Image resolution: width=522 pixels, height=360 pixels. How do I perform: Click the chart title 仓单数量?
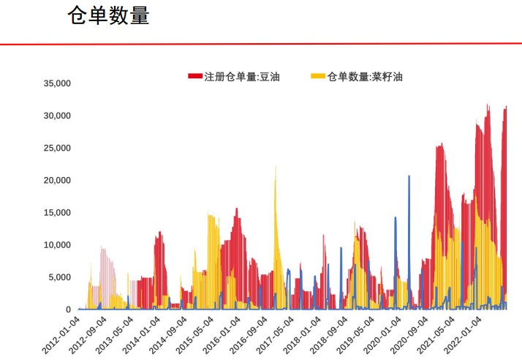pyautogui.click(x=108, y=16)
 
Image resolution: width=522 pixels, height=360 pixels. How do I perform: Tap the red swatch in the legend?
pyautogui.click(x=194, y=76)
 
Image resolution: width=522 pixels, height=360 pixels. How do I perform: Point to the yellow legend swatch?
pyautogui.click(x=317, y=76)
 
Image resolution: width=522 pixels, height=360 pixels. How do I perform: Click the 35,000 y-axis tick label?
pyautogui.click(x=56, y=83)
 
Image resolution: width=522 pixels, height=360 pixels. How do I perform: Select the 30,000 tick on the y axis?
pyautogui.click(x=56, y=116)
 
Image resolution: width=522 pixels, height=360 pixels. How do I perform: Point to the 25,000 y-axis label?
pyautogui.click(x=56, y=148)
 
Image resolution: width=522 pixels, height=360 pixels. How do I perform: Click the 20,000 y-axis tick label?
pyautogui.click(x=56, y=180)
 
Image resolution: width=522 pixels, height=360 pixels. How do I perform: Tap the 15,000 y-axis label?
pyautogui.click(x=56, y=212)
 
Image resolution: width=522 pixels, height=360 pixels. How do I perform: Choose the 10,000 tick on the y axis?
pyautogui.click(x=56, y=244)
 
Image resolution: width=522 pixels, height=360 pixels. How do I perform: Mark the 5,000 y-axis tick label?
pyautogui.click(x=58, y=277)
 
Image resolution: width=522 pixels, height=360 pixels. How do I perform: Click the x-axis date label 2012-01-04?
pyautogui.click(x=61, y=333)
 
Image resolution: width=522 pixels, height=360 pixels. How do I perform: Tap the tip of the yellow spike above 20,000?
pyautogui.click(x=276, y=167)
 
